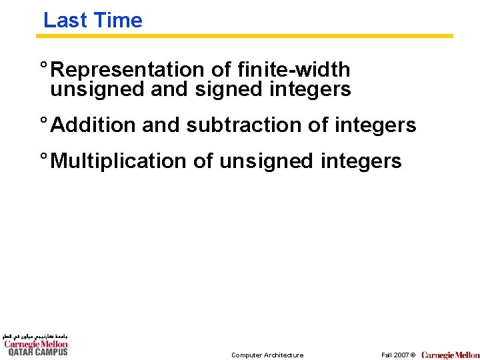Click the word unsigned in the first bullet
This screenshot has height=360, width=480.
(x=97, y=89)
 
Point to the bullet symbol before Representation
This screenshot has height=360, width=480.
(x=43, y=67)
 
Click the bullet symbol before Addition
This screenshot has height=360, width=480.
(x=43, y=122)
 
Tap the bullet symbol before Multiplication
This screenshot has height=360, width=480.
(x=43, y=158)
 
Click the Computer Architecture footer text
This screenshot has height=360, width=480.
(x=267, y=355)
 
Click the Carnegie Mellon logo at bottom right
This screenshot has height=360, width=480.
(x=450, y=355)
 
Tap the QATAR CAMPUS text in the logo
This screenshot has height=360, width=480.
(x=37, y=352)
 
